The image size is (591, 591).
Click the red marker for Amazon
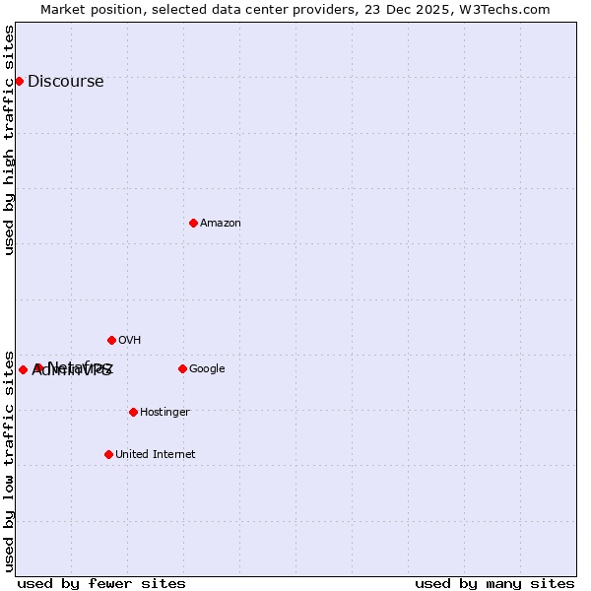click(193, 223)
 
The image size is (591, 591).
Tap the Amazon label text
click(221, 224)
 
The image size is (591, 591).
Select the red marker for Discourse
click(19, 81)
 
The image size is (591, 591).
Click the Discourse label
click(65, 82)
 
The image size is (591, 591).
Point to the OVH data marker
click(111, 340)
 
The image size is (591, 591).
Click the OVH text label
click(129, 341)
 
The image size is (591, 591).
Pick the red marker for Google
click(182, 368)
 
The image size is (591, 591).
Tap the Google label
click(207, 369)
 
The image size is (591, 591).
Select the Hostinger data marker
click(133, 412)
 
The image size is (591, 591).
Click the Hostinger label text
click(164, 413)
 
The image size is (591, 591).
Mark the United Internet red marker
click(108, 454)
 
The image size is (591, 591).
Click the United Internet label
click(155, 455)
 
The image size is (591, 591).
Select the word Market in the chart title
click(62, 10)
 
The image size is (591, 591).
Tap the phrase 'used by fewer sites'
click(101, 583)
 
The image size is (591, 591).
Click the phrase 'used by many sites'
click(494, 583)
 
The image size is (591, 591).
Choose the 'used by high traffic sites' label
click(10, 140)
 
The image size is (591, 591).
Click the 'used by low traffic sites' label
click(10, 460)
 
